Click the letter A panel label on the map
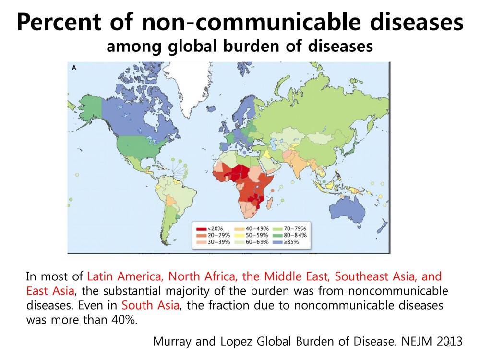coord(74,68)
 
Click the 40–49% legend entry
coord(250,228)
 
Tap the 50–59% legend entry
coord(250,235)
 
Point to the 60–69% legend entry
coord(250,242)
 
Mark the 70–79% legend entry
coord(288,228)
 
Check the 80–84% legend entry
coord(288,235)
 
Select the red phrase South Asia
coord(150,306)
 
